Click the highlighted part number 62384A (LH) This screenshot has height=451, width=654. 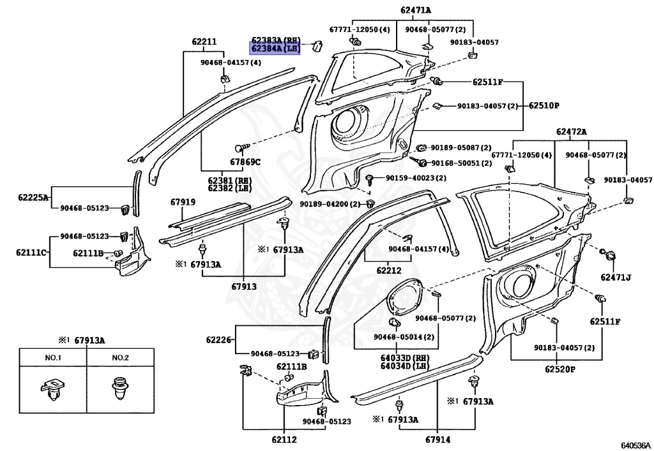coord(275,48)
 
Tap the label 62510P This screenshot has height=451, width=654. coord(544,106)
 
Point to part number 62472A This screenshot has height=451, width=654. coord(571,132)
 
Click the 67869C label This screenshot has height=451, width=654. coord(245,162)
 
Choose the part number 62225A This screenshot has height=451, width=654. coord(33,197)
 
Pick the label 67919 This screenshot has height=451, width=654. coord(183,202)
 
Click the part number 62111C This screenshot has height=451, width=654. coord(31,253)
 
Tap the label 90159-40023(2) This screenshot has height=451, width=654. coord(415,178)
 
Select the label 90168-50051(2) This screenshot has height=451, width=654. coord(461,163)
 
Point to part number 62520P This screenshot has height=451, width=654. coord(559,369)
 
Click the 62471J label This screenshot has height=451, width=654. coord(616,277)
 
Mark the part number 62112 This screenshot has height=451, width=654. coord(284,440)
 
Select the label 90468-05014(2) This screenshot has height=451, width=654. coord(404,337)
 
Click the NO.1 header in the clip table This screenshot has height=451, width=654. coord(53,358)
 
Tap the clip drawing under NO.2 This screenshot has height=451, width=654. coord(120,388)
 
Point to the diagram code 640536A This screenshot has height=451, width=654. coord(635,446)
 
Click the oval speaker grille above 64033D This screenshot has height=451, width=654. coord(404,298)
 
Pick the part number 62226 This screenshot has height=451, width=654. coord(218,340)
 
